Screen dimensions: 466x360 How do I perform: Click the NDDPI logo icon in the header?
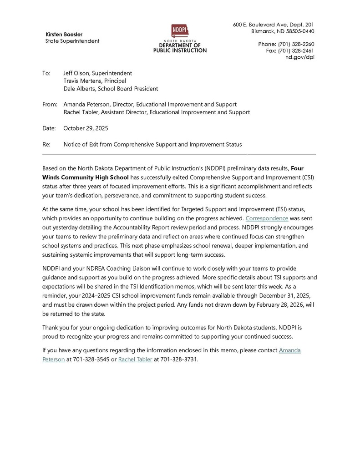tap(180, 31)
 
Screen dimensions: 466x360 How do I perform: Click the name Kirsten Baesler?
tap(64, 34)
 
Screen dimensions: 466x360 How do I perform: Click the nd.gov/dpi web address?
tap(299, 57)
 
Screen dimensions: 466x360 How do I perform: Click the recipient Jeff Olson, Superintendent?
tap(97, 73)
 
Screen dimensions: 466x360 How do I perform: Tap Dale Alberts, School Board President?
tap(111, 88)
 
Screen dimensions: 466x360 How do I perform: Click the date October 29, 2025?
tap(86, 128)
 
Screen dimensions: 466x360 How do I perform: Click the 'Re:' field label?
tap(46, 144)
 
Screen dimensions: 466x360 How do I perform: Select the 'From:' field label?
tap(50, 104)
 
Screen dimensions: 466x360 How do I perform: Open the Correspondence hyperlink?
tap(267, 218)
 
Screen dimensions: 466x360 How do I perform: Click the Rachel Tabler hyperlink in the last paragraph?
tap(135, 359)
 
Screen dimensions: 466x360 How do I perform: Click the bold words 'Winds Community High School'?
tap(86, 177)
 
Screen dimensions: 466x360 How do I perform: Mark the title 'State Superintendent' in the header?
tap(72, 41)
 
